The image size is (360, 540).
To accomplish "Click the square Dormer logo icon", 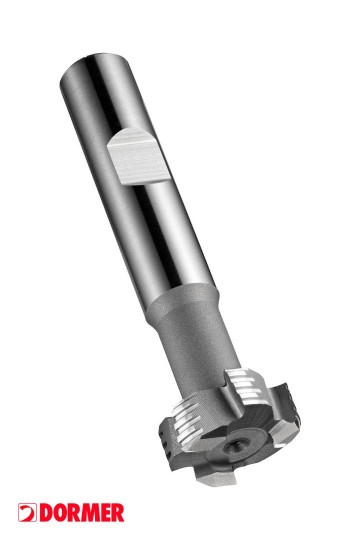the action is (x=27, y=512).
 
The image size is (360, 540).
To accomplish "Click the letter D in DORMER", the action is (x=45, y=513).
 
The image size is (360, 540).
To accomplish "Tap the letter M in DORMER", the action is (x=85, y=513).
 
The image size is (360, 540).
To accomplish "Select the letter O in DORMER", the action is (x=58, y=513).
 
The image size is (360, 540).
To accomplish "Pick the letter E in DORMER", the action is (x=102, y=513).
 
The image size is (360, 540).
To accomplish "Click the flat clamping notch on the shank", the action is (x=138, y=157).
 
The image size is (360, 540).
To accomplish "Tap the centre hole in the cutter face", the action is (x=234, y=448).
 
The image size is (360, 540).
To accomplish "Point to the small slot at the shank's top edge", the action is (x=85, y=55).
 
